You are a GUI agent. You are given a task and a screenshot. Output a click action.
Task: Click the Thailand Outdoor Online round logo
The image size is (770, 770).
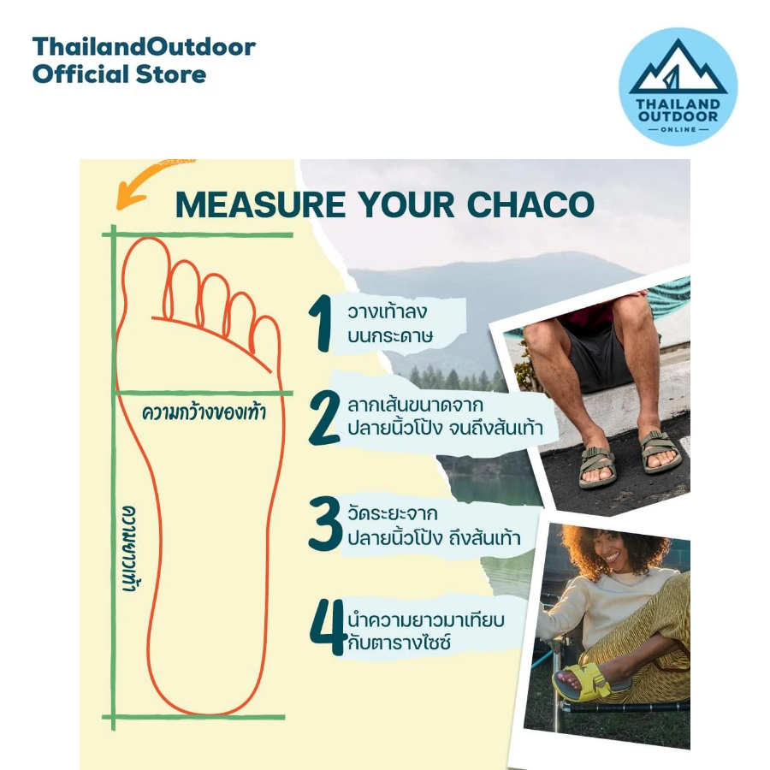click(678, 86)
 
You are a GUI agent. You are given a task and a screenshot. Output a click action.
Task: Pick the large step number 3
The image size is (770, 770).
click(324, 524)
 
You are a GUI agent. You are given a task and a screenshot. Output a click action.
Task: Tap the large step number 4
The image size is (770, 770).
click(328, 627)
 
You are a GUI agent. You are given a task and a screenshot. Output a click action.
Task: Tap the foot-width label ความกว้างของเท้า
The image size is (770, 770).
click(204, 412)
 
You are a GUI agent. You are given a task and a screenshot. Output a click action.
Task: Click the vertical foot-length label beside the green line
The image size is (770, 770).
click(129, 548)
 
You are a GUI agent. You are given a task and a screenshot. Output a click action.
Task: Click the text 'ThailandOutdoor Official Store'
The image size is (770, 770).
click(144, 61)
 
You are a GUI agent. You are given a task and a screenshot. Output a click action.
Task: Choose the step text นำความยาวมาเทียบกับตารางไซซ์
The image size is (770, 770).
click(426, 631)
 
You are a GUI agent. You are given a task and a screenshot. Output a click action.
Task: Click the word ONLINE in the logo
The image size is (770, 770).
click(678, 130)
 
